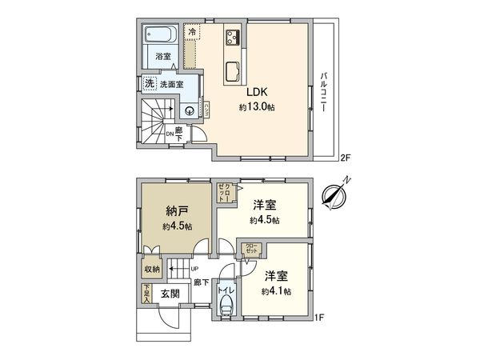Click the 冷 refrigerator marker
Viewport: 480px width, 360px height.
click(191, 31)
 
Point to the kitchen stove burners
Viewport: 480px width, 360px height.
click(234, 36)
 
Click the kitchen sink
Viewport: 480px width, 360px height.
click(234, 70)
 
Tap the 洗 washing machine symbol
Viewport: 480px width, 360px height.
click(148, 82)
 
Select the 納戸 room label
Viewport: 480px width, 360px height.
click(177, 211)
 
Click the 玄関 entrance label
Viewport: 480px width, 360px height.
click(169, 294)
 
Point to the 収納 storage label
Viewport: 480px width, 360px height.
click(152, 270)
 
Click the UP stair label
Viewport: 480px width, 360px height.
click(194, 269)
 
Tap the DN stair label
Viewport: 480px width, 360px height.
click(170, 135)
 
